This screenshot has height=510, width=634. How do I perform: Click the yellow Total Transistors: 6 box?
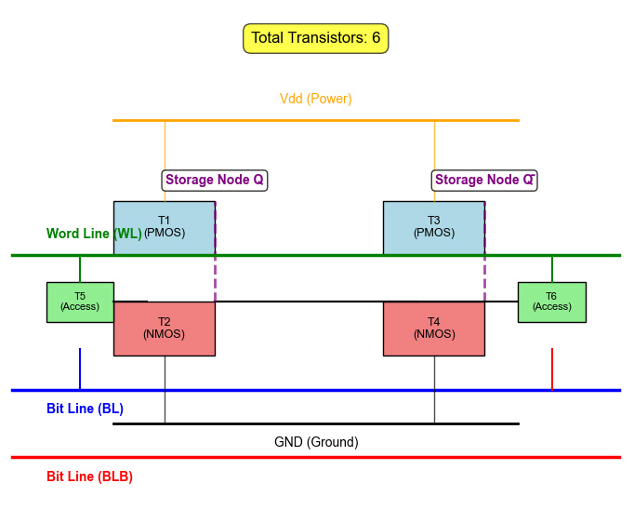(315, 38)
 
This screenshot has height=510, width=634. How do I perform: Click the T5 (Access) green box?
(80, 302)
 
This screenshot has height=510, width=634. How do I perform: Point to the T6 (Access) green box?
(551, 302)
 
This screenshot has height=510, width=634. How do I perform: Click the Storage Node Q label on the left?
(215, 180)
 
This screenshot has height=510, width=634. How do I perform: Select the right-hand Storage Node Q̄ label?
(484, 180)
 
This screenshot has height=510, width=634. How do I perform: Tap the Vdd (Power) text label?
(315, 99)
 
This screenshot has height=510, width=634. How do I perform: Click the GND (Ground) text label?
(315, 442)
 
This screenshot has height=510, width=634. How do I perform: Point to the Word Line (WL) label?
(93, 234)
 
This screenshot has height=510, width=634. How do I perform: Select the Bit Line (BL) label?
(85, 409)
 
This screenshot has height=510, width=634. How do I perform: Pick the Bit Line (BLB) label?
(89, 476)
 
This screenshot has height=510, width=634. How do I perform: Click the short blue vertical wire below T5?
(80, 369)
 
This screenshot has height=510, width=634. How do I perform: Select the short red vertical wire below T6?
(552, 369)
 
